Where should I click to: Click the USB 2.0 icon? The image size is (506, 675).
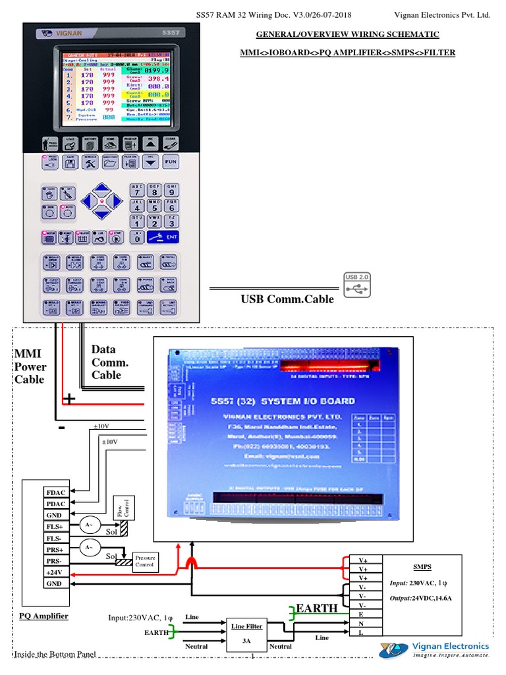pyautogui.click(x=358, y=284)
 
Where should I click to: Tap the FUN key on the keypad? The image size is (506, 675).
pyautogui.click(x=171, y=161)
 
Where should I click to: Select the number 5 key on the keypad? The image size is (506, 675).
pyautogui.click(x=154, y=208)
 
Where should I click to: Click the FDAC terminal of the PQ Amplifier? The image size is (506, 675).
pyautogui.click(x=54, y=492)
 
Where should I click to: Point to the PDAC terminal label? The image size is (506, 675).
pyautogui.click(x=54, y=504)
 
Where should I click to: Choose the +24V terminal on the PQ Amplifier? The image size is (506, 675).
pyautogui.click(x=54, y=572)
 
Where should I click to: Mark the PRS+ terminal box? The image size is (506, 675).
pyautogui.click(x=54, y=549)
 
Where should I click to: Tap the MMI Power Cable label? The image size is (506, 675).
pyautogui.click(x=30, y=367)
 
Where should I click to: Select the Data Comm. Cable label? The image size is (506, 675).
pyautogui.click(x=109, y=362)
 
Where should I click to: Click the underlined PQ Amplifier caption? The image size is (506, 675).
pyautogui.click(x=44, y=616)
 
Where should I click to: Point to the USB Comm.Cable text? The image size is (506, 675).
pyautogui.click(x=287, y=299)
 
